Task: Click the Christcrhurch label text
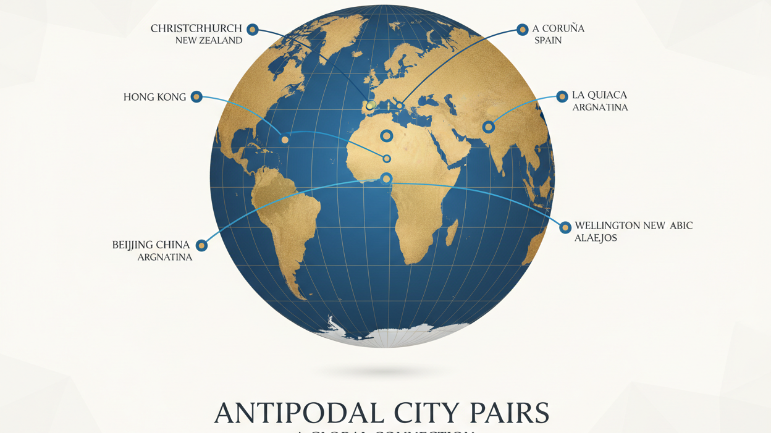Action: click(196, 28)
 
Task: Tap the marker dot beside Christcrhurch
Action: click(252, 29)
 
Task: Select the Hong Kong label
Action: click(154, 97)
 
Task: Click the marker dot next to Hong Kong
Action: click(196, 96)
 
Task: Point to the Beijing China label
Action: click(151, 245)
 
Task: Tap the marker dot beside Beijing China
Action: click(201, 245)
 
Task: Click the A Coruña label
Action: click(558, 28)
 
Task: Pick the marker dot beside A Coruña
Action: click(522, 29)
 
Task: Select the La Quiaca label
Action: click(599, 95)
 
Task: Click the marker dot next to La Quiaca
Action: click(562, 96)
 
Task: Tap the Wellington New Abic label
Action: click(633, 225)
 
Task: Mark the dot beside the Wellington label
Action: click(565, 227)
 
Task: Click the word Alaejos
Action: click(596, 238)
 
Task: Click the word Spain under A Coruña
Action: click(548, 40)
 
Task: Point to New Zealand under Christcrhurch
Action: click(208, 40)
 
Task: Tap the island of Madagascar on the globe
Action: click(452, 232)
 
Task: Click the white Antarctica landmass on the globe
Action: click(395, 334)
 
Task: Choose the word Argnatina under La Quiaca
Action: click(600, 107)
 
